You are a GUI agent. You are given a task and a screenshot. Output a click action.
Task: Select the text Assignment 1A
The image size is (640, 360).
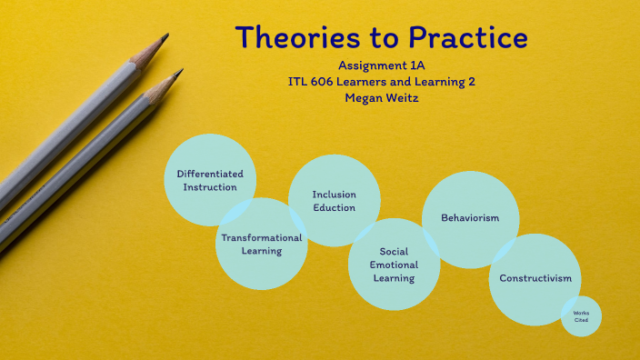tap(381, 66)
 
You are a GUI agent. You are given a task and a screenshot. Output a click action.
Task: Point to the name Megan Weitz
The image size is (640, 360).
tap(381, 96)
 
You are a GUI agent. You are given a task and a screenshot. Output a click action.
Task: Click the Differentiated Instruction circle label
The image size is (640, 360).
tap(210, 180)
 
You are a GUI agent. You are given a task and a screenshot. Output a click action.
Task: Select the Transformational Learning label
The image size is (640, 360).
tap(262, 244)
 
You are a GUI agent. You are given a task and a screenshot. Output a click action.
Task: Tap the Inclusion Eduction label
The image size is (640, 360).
tap(335, 201)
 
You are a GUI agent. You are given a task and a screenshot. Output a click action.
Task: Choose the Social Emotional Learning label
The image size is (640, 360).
tap(394, 265)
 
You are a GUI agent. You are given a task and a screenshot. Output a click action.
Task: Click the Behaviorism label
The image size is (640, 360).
tap(470, 218)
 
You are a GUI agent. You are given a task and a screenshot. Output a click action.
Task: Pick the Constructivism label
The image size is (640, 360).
tap(535, 278)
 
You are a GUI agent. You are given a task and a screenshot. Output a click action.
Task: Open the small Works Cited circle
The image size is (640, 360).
tap(581, 315)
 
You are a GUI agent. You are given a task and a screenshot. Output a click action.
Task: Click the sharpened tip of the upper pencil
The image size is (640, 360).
tap(165, 36)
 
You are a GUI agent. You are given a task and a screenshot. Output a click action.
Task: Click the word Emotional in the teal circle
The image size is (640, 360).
tap(394, 265)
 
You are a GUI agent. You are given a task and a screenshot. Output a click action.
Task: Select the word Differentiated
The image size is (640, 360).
tap(210, 174)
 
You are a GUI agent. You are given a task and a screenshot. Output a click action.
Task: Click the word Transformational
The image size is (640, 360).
tap(262, 237)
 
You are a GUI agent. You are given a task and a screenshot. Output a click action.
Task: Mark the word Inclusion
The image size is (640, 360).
tap(335, 195)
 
